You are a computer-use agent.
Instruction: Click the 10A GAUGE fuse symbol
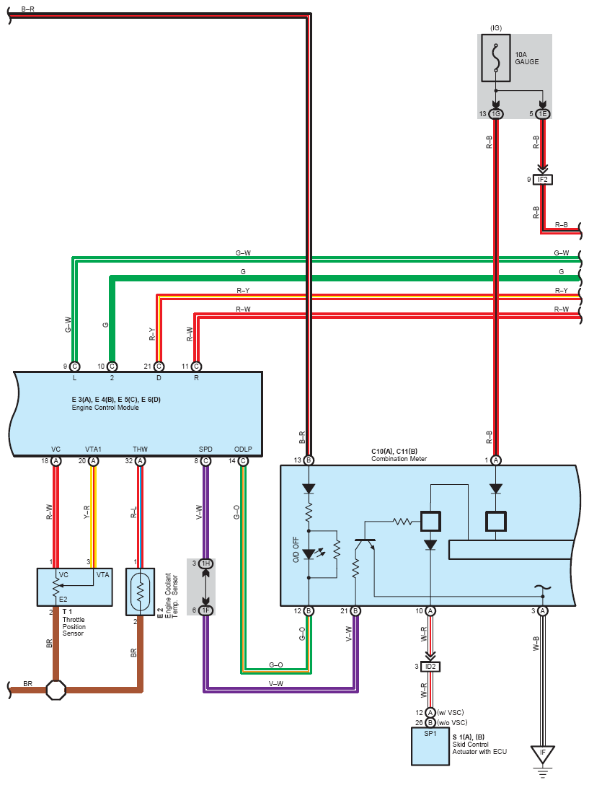pyautogui.click(x=496, y=57)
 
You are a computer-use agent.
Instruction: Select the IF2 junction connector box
pyautogui.click(x=542, y=179)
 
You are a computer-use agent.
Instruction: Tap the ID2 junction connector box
pyautogui.click(x=430, y=666)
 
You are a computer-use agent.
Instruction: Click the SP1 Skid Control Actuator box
pyautogui.click(x=430, y=746)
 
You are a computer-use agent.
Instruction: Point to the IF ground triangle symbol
pyautogui.click(x=543, y=754)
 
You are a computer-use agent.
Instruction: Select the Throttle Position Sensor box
pyautogui.click(x=74, y=587)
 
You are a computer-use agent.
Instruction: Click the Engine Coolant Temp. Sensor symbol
pyautogui.click(x=141, y=592)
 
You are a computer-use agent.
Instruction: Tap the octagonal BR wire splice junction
pyautogui.click(x=56, y=689)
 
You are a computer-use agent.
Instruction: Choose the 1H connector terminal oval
pyautogui.click(x=205, y=563)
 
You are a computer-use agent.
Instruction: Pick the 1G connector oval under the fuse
pyautogui.click(x=496, y=113)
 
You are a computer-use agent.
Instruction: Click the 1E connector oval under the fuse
pyautogui.click(x=543, y=113)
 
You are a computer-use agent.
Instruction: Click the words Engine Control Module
pyautogui.click(x=105, y=408)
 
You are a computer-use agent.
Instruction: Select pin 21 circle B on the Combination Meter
pyautogui.click(x=355, y=610)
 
